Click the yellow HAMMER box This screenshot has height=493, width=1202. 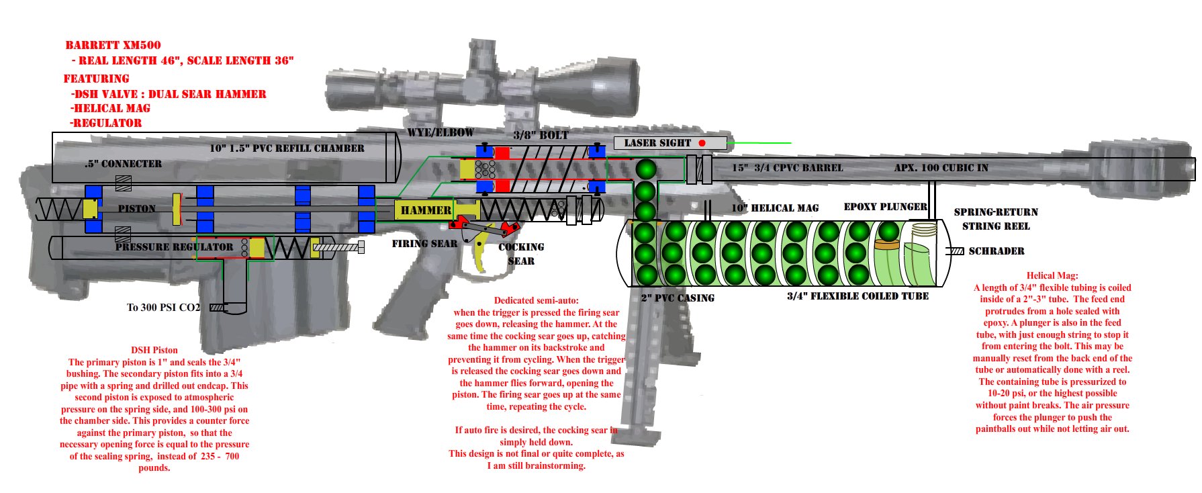pos(426,210)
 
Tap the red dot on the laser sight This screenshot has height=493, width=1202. pos(702,143)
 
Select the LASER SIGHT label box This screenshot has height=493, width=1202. pos(669,143)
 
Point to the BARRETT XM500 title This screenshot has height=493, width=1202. pos(113,46)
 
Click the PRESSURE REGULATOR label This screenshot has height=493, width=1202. pos(174,247)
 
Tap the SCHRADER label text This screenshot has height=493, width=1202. pos(996,251)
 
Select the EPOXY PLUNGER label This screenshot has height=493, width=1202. pos(885,207)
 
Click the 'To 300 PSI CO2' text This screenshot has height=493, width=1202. pos(163,308)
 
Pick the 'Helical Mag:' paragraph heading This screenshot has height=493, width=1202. pos(1052,275)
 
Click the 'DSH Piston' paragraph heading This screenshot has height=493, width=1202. pos(154,350)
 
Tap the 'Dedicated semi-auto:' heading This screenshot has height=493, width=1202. pos(536,300)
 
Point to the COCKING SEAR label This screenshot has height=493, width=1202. pos(521,254)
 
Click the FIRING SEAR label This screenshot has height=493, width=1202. pos(424,244)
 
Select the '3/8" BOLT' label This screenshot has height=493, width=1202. pos(541,135)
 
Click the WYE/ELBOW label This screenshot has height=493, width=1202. pos(440,133)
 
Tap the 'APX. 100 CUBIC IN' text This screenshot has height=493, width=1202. pos(941,168)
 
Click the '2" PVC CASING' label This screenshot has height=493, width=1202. pos(677,298)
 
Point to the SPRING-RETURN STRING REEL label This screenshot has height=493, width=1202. pos(996,219)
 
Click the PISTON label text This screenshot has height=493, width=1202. pos(136,209)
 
